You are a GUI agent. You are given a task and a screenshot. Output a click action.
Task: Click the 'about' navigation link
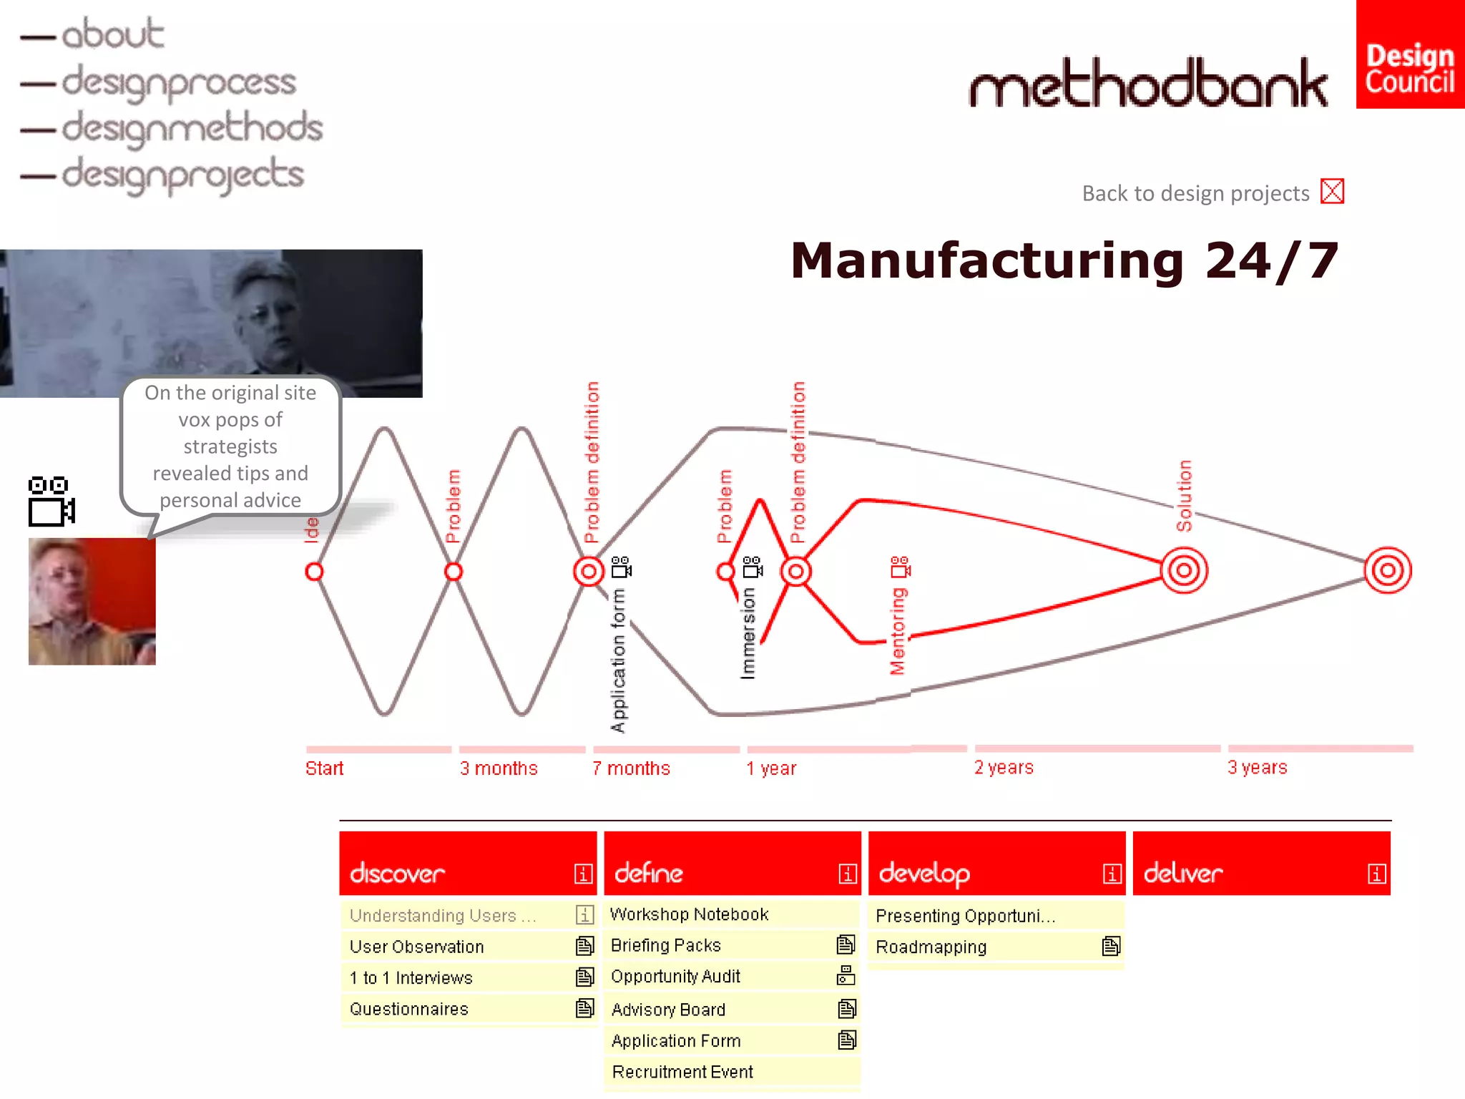tap(112, 34)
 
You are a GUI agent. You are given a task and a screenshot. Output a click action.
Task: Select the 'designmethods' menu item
tap(192, 129)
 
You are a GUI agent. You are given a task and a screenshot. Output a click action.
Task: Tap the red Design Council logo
tap(1409, 54)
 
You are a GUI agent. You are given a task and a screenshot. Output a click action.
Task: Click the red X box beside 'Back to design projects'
tap(1332, 192)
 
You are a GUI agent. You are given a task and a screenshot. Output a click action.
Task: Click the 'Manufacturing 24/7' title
tap(1064, 260)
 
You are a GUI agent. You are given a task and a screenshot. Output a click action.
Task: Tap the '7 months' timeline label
tap(631, 768)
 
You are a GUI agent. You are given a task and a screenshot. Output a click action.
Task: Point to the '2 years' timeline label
tap(1004, 768)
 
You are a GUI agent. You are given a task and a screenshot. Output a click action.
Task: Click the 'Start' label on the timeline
tap(324, 768)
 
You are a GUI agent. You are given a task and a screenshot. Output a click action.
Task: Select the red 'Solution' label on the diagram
tap(1185, 495)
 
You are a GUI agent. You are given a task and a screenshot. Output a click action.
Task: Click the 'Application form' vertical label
tap(618, 660)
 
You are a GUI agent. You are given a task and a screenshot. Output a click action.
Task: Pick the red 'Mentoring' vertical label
tap(897, 631)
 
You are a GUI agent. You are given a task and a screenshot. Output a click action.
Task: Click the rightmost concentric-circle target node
tap(1387, 570)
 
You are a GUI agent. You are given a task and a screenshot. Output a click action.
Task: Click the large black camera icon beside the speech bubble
tap(51, 501)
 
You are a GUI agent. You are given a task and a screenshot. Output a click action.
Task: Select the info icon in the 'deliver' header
tap(1376, 874)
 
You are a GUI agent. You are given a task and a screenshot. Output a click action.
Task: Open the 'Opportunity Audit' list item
tap(675, 977)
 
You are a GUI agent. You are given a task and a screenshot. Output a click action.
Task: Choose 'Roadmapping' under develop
tap(931, 947)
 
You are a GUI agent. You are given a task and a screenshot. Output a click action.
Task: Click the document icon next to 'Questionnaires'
tap(584, 1009)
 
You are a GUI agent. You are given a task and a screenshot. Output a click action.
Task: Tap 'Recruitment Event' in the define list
tap(682, 1072)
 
